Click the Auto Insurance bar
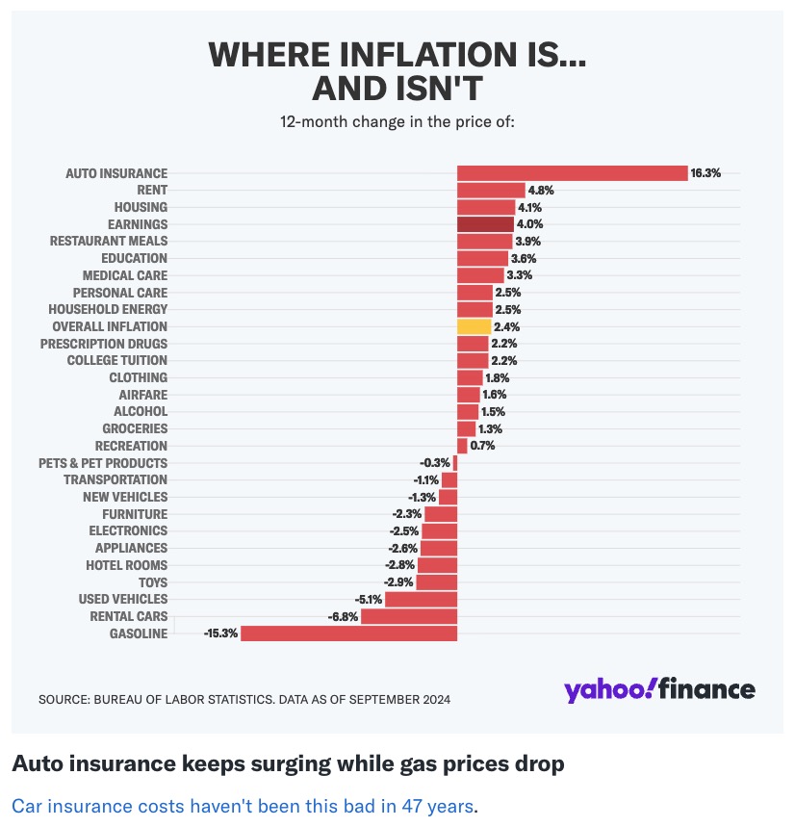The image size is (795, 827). [x=572, y=173]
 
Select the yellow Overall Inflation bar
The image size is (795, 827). [x=474, y=326]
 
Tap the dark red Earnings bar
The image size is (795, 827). [x=485, y=224]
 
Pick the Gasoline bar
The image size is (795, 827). [x=348, y=633]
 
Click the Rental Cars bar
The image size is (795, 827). [x=409, y=616]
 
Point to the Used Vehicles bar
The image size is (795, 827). [x=421, y=599]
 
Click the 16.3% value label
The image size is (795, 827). [x=705, y=173]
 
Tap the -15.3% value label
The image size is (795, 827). [x=219, y=633]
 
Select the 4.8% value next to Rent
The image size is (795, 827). [x=541, y=191]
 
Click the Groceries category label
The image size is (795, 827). [x=135, y=428]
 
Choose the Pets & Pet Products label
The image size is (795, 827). [x=103, y=463]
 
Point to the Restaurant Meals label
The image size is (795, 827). [x=109, y=241]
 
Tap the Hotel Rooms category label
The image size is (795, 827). [x=126, y=565]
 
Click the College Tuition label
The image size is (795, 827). [x=116, y=360]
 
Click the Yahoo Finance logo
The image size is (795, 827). [x=659, y=689]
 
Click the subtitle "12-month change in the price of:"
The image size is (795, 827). [x=397, y=122]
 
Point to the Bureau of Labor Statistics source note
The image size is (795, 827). [x=244, y=699]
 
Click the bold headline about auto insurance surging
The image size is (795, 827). [x=287, y=764]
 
